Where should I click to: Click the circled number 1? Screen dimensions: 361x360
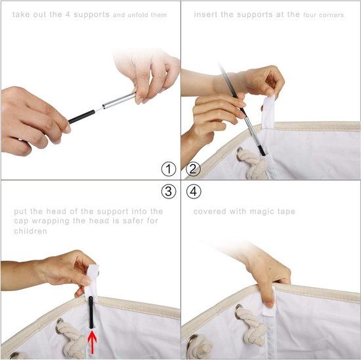pos(169,169)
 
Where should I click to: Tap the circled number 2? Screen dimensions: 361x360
pos(193,169)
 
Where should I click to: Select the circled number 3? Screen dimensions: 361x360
pos(169,192)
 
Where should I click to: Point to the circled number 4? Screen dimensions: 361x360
pos(194,192)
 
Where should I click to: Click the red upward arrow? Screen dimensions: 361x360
pos(92,342)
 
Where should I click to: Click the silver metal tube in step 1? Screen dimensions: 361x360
pos(119,101)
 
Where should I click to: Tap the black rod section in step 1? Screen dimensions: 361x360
pos(81,117)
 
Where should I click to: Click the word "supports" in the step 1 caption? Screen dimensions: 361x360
pos(91,15)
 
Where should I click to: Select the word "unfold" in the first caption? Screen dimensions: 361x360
pos(138,15)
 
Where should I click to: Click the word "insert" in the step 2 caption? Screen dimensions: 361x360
pos(205,14)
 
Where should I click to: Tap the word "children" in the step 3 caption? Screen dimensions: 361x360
pos(30,231)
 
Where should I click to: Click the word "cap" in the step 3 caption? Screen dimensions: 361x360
pos(22,221)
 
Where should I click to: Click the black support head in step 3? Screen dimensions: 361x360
pos(91,312)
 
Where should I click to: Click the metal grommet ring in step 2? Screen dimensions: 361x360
pos(240,154)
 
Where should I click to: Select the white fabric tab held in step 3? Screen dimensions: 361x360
pos(92,281)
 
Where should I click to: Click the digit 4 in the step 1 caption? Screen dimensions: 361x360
pos(68,14)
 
